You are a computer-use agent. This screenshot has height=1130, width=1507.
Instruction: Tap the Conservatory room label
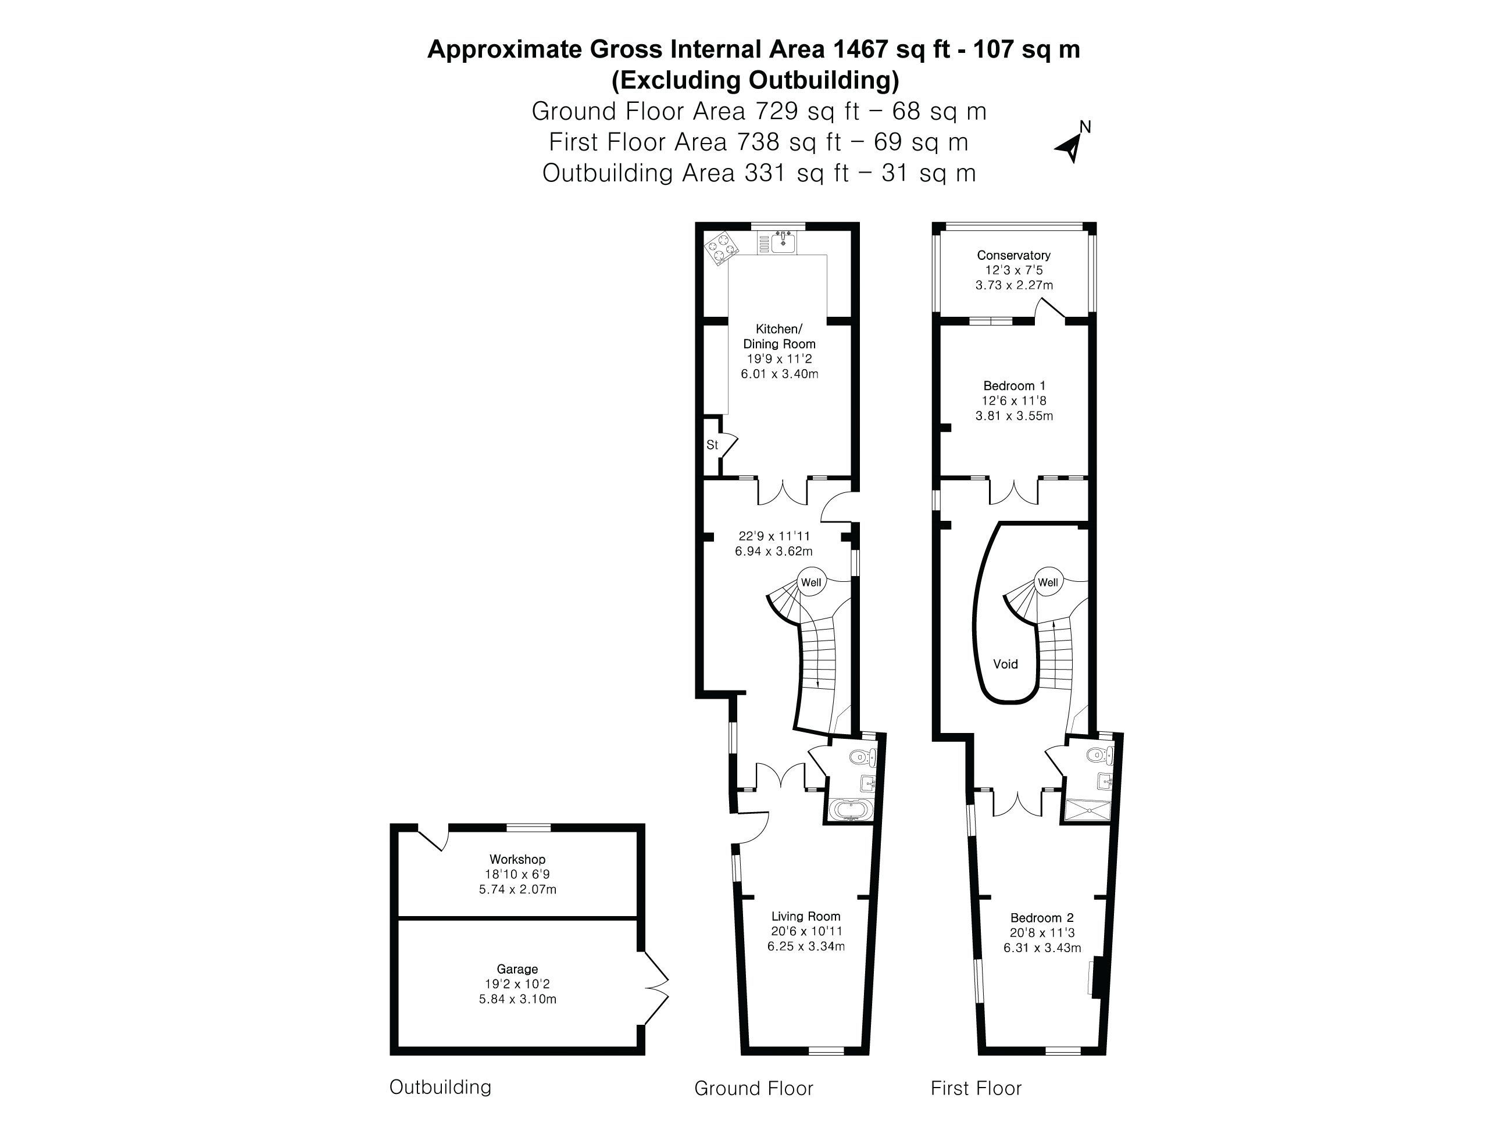pos(1014,255)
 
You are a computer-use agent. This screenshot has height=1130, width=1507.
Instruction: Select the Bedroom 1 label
pos(1014,385)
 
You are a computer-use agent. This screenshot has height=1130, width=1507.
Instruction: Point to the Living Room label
pos(806,917)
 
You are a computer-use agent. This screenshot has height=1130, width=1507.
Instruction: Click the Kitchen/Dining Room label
pos(779,337)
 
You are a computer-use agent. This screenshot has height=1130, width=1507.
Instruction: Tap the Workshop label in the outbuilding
pos(517,860)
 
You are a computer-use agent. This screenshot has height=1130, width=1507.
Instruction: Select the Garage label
pos(517,969)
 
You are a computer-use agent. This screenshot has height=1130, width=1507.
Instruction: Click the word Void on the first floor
pos(1006,664)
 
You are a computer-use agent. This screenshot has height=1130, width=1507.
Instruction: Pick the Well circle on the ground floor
pos(810,582)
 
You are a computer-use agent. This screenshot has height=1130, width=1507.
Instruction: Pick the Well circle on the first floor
pos(1048,582)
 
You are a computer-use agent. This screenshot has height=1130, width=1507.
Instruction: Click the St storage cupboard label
pos(712,445)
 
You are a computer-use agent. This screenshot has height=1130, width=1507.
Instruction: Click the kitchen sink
pos(784,242)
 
